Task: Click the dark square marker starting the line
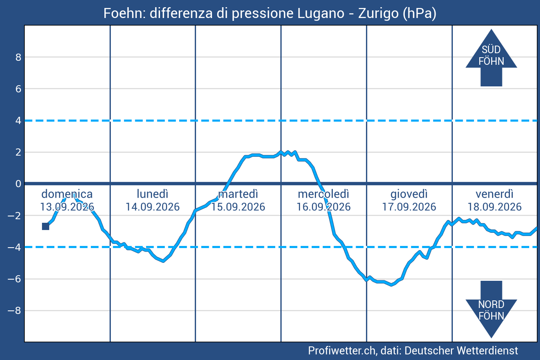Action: point(46,226)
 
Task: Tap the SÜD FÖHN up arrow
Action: point(491,58)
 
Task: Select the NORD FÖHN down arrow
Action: point(491,309)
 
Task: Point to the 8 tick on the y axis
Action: point(18,57)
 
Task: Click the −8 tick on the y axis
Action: point(14,310)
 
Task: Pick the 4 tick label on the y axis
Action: point(18,120)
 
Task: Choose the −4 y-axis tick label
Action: point(14,247)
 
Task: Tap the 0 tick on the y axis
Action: point(18,184)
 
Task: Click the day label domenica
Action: point(67,194)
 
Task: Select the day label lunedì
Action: point(152,194)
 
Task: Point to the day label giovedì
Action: point(409,194)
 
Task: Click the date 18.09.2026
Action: point(494,207)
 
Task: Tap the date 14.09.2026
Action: point(152,207)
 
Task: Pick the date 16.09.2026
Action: point(324,207)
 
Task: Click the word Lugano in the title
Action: point(321,14)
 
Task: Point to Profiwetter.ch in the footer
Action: point(342,351)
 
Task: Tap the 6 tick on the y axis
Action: point(18,89)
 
